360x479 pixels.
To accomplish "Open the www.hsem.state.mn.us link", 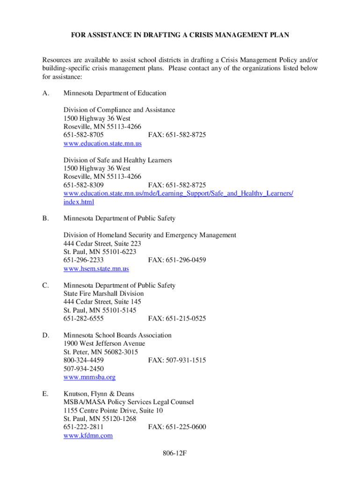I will click(x=96, y=269).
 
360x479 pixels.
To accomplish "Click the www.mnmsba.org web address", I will click(x=89, y=377).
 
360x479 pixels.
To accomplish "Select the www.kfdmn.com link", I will click(x=88, y=435).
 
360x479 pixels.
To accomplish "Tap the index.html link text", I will click(x=79, y=202).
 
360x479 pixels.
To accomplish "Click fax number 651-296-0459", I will click(x=177, y=260).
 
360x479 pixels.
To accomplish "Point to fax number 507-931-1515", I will click(x=177, y=360).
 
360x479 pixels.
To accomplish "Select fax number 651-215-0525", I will click(x=177, y=319).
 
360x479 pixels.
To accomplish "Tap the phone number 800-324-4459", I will click(x=84, y=360).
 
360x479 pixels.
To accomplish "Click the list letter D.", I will click(x=45, y=335).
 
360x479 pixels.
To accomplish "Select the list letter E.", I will click(x=45, y=394).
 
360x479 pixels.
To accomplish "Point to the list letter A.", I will click(x=45, y=93).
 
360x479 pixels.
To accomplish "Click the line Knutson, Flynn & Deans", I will click(x=99, y=394).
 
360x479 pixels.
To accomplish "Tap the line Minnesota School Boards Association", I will click(x=117, y=335).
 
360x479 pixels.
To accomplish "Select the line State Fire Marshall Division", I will click(x=104, y=294).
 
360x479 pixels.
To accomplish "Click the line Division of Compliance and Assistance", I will click(x=119, y=110).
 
